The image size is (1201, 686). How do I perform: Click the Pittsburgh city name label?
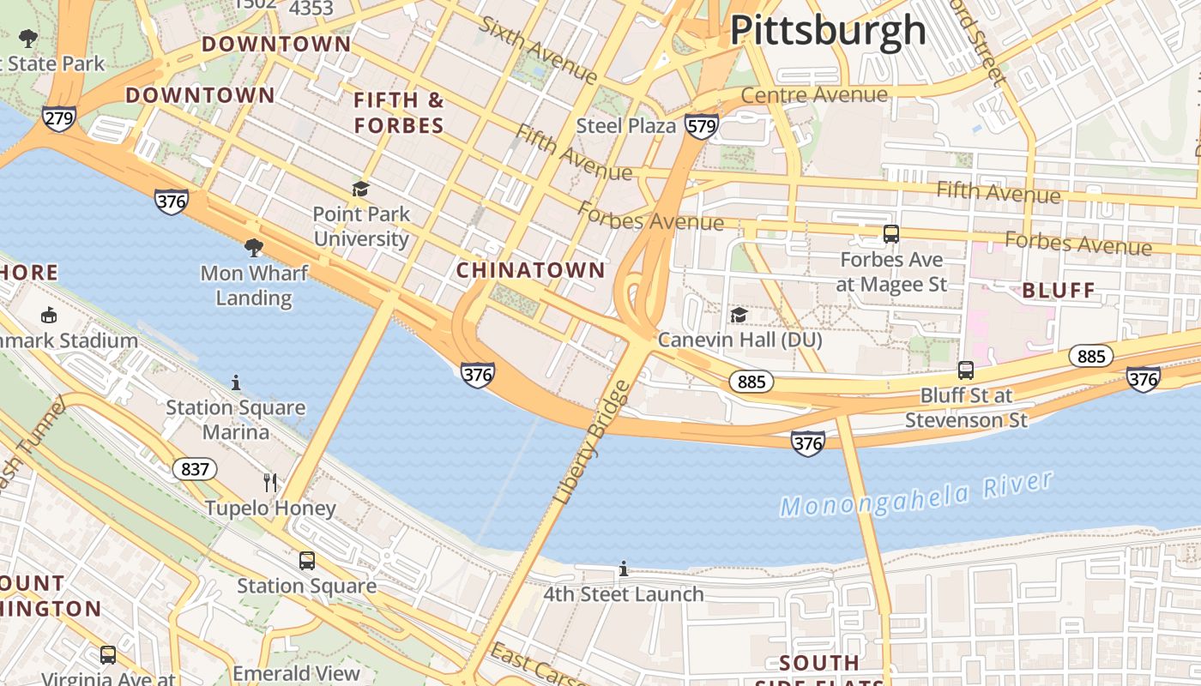click(x=828, y=30)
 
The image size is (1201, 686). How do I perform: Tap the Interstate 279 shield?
click(x=58, y=117)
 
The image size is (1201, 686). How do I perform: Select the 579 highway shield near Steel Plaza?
click(x=701, y=127)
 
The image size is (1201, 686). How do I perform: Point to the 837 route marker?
click(x=195, y=469)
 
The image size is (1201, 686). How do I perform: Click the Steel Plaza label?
click(x=626, y=126)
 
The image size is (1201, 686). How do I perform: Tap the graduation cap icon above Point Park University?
click(x=360, y=189)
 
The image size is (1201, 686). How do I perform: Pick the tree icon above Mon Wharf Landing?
click(x=253, y=248)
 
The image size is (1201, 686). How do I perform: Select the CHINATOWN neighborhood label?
click(x=530, y=271)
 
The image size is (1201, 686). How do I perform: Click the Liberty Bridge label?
click(x=593, y=442)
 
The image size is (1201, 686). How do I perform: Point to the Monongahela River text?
click(x=915, y=496)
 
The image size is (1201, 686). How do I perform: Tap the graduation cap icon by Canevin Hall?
click(x=739, y=316)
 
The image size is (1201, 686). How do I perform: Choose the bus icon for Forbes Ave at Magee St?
click(x=891, y=233)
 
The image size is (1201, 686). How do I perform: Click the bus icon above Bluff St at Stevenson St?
click(x=966, y=370)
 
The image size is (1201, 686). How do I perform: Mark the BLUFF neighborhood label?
click(x=1059, y=291)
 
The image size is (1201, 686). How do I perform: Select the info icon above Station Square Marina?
click(x=236, y=382)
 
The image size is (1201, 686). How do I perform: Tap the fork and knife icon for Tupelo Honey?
click(x=270, y=483)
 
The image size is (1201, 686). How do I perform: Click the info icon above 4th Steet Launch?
click(x=624, y=569)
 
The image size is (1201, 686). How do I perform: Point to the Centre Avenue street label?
click(x=813, y=94)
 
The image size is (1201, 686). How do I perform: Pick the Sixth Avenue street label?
click(x=538, y=50)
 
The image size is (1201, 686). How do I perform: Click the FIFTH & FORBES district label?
click(x=399, y=113)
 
